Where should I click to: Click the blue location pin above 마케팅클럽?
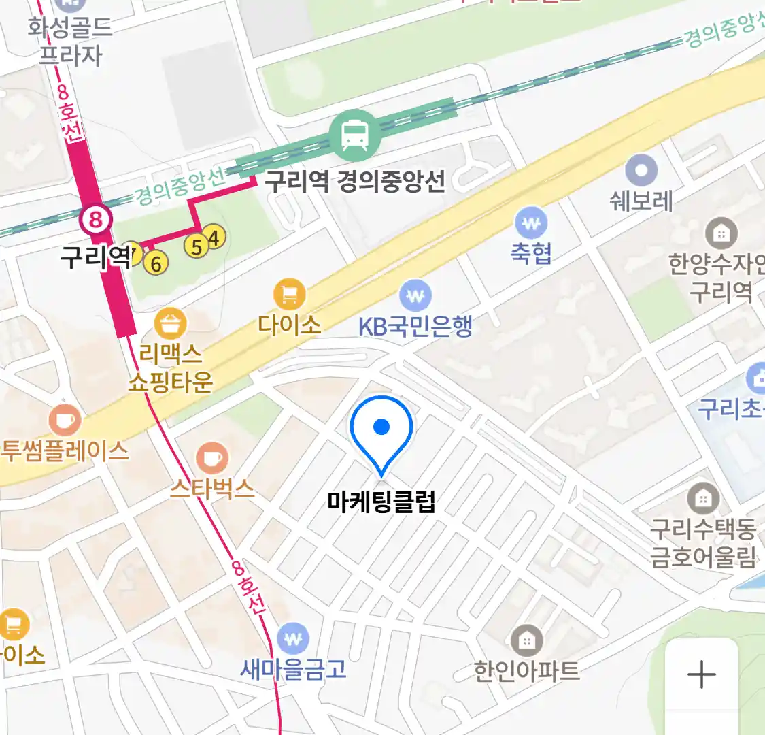pyautogui.click(x=381, y=429)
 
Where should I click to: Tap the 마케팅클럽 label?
pyautogui.click(x=381, y=502)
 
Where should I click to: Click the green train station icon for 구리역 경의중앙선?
pyautogui.click(x=355, y=134)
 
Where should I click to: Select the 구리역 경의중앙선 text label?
pyautogui.click(x=355, y=181)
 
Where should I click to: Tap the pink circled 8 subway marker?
pyautogui.click(x=96, y=219)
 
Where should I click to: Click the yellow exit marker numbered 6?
pyautogui.click(x=156, y=263)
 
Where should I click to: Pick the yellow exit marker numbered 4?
pyautogui.click(x=215, y=238)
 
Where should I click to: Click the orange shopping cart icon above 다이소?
pyautogui.click(x=290, y=295)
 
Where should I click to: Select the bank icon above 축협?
pyautogui.click(x=531, y=223)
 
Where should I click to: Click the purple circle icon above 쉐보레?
pyautogui.click(x=641, y=170)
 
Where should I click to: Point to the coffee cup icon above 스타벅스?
pyautogui.click(x=212, y=458)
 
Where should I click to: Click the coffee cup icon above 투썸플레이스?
pyautogui.click(x=65, y=421)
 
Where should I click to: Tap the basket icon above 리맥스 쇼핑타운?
pyautogui.click(x=170, y=324)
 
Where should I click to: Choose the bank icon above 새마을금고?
pyautogui.click(x=293, y=639)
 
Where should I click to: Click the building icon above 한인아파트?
pyautogui.click(x=526, y=640)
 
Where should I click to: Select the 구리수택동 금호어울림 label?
pyautogui.click(x=703, y=542)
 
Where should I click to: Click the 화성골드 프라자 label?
pyautogui.click(x=70, y=41)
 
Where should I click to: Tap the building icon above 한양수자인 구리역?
pyautogui.click(x=721, y=233)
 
